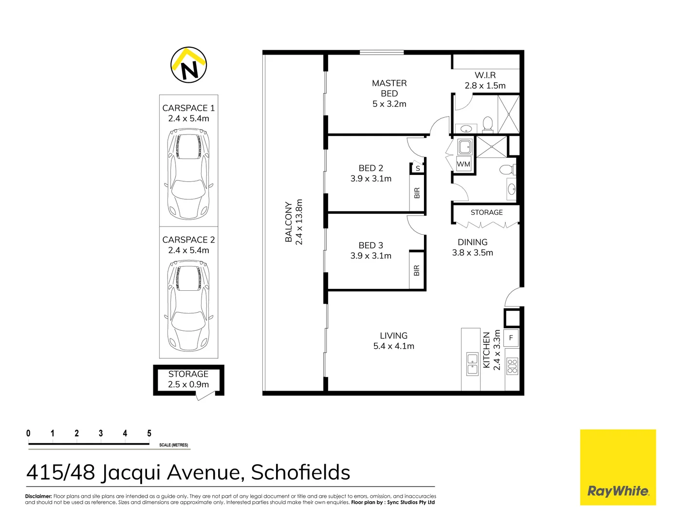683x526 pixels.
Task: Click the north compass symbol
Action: click(x=189, y=65)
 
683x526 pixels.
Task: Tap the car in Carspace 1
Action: click(x=189, y=174)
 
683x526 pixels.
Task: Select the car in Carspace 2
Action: click(x=189, y=306)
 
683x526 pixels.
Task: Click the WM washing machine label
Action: click(x=463, y=165)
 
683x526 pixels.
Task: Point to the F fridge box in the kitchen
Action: click(x=511, y=338)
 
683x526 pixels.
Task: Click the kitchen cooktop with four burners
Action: click(x=512, y=366)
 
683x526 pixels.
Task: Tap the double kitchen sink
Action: click(x=472, y=364)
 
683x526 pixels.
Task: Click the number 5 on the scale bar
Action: click(x=149, y=433)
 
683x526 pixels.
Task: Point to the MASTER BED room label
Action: click(x=389, y=88)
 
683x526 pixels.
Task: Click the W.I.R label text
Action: click(x=485, y=75)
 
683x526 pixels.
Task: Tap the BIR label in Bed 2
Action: click(x=417, y=193)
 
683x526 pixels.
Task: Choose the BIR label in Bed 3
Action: click(x=417, y=270)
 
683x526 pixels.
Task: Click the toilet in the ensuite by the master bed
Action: click(x=487, y=125)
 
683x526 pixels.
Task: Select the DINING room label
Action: click(x=472, y=242)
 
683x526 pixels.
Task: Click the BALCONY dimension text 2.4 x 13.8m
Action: click(x=299, y=222)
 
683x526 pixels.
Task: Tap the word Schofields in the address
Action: click(x=300, y=472)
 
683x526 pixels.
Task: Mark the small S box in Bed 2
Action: click(x=418, y=169)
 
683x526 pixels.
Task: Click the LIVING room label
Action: click(x=393, y=336)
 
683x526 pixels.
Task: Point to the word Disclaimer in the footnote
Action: click(x=38, y=496)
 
